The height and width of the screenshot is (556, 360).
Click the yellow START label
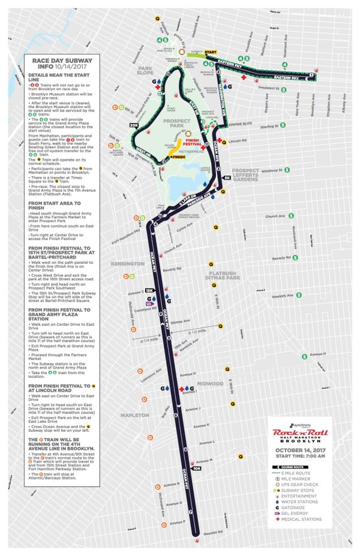210,53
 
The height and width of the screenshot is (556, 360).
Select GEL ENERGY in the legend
300,513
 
